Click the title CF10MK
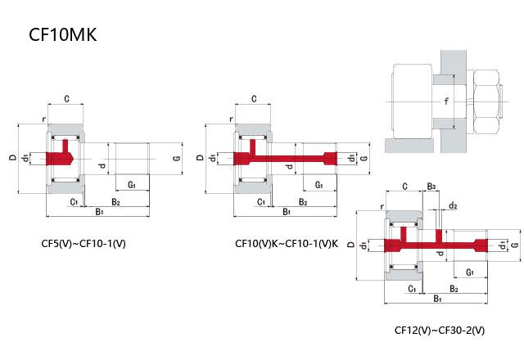pyautogui.click(x=62, y=36)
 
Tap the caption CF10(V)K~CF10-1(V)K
pyautogui.click(x=286, y=243)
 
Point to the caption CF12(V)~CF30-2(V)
pyautogui.click(x=440, y=331)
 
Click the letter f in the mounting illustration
pyautogui.click(x=446, y=102)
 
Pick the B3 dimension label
pyautogui.click(x=431, y=187)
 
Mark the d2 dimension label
pyautogui.click(x=453, y=205)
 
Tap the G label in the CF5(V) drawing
pyautogui.click(x=176, y=157)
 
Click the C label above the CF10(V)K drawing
pyautogui.click(x=255, y=99)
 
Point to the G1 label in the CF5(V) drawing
pyautogui.click(x=132, y=186)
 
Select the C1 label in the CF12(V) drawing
pyautogui.click(x=412, y=289)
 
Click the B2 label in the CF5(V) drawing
pyautogui.click(x=116, y=201)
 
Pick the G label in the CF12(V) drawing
pyautogui.click(x=514, y=245)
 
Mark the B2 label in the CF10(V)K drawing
pyautogui.click(x=303, y=201)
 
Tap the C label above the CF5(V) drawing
pyautogui.click(x=65, y=99)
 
